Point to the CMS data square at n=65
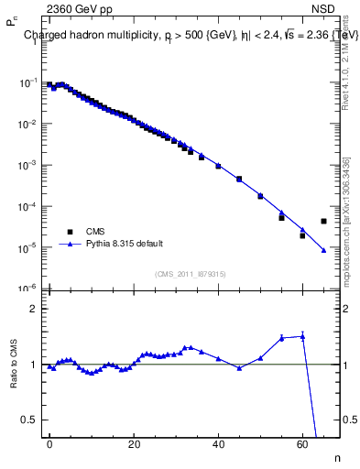(323, 221)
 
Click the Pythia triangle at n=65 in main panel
(323, 250)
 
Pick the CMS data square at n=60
(302, 235)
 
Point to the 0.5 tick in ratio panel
(28, 420)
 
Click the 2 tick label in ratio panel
(32, 309)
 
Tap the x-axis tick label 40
(218, 443)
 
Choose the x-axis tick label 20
(134, 443)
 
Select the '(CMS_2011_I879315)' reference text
(190, 274)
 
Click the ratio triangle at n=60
(302, 336)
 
